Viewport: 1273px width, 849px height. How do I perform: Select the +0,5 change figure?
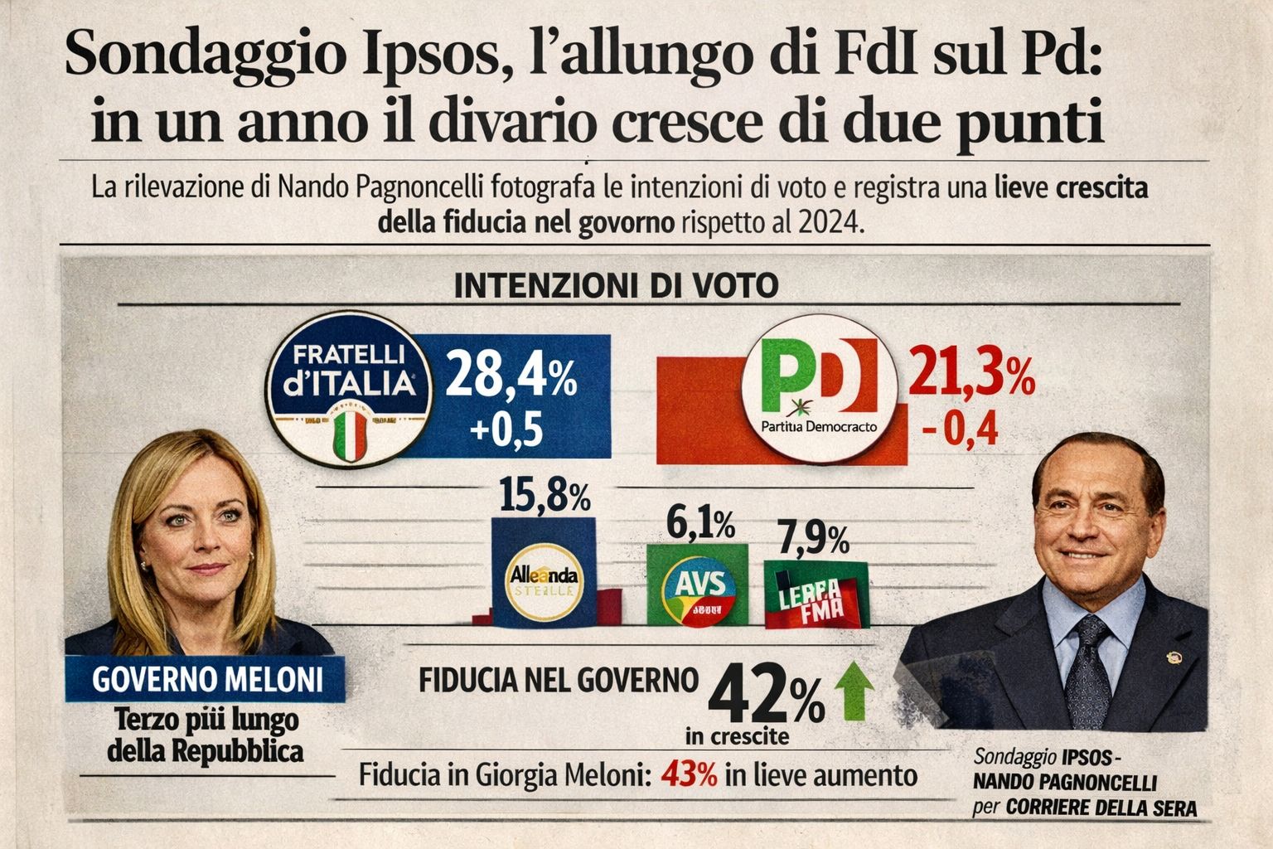(506, 431)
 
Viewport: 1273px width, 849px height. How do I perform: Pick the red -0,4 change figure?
(960, 431)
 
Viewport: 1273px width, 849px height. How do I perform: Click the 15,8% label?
(545, 495)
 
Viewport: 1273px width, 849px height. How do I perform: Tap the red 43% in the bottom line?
(689, 775)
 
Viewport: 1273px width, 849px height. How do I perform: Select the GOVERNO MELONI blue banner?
(206, 679)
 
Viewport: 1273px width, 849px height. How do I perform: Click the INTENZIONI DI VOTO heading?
(617, 286)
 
